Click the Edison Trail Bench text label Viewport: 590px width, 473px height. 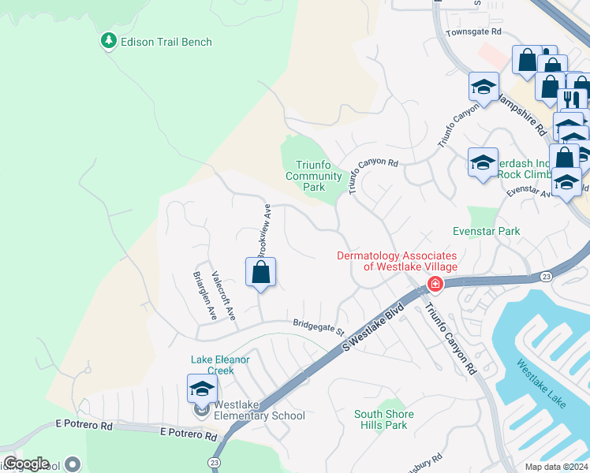click(166, 42)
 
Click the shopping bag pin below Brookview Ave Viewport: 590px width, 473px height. click(260, 274)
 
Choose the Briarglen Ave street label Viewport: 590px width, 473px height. click(204, 296)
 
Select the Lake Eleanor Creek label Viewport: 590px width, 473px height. click(220, 364)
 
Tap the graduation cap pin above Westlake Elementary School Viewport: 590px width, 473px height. click(202, 389)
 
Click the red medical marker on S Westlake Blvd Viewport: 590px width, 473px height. click(434, 284)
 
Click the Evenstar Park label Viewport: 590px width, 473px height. click(487, 232)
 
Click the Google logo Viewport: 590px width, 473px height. click(26, 464)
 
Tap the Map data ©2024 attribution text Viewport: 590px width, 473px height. click(556, 467)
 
